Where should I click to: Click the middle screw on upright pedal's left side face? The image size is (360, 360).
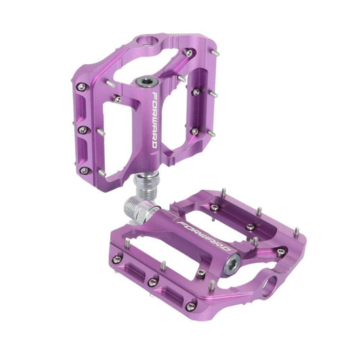82,129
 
